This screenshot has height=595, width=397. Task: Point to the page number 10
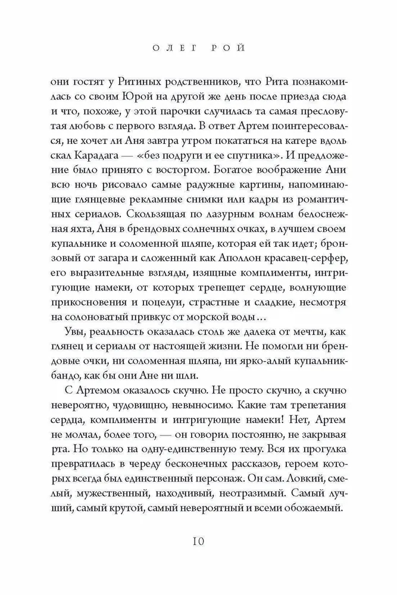(198, 541)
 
